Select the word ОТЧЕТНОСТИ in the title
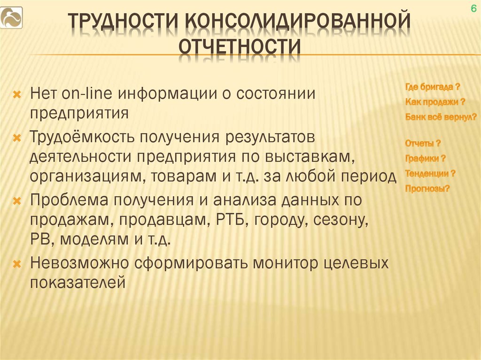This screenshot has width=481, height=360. [240, 47]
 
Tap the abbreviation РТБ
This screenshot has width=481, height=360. [232, 220]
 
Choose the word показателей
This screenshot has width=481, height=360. [78, 283]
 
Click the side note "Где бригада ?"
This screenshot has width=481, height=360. [433, 87]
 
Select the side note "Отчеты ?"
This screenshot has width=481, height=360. [423, 143]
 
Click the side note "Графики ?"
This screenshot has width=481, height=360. [425, 158]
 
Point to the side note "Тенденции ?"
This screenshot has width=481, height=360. [430, 173]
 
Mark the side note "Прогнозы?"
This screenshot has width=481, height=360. [427, 189]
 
